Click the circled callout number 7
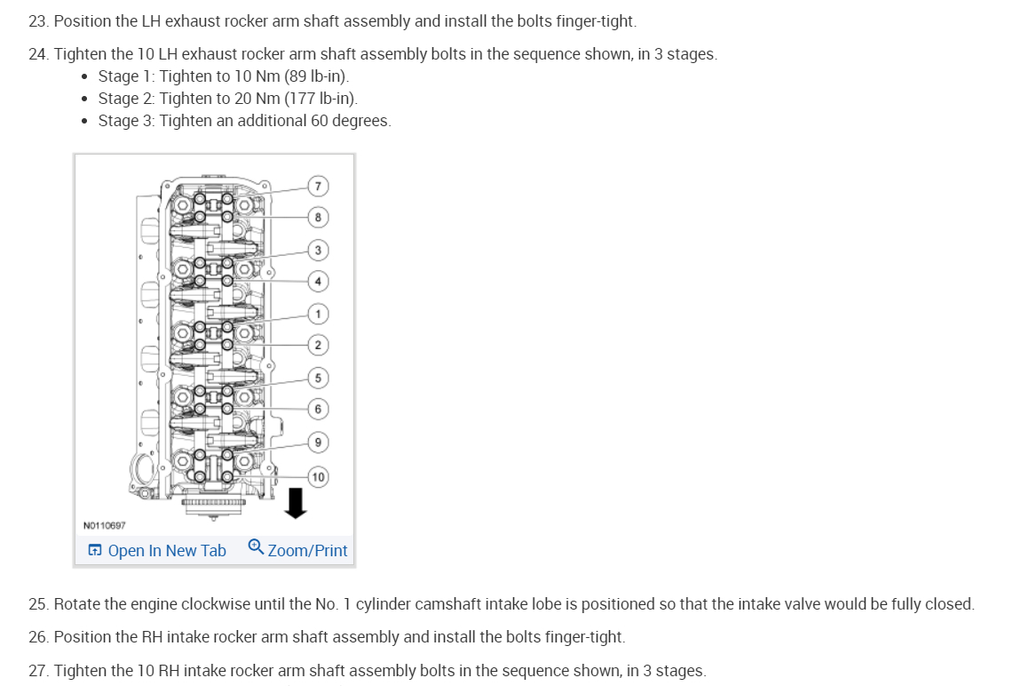[318, 186]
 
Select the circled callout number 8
[318, 217]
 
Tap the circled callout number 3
[318, 249]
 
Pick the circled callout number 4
[318, 281]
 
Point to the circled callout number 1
[318, 313]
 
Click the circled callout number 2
[318, 345]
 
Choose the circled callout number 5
[318, 377]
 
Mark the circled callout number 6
[318, 409]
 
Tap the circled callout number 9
[318, 441]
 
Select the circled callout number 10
[318, 477]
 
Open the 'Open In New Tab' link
[166, 551]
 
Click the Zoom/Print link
[307, 551]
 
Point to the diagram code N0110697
[104, 525]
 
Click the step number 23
[38, 20]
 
